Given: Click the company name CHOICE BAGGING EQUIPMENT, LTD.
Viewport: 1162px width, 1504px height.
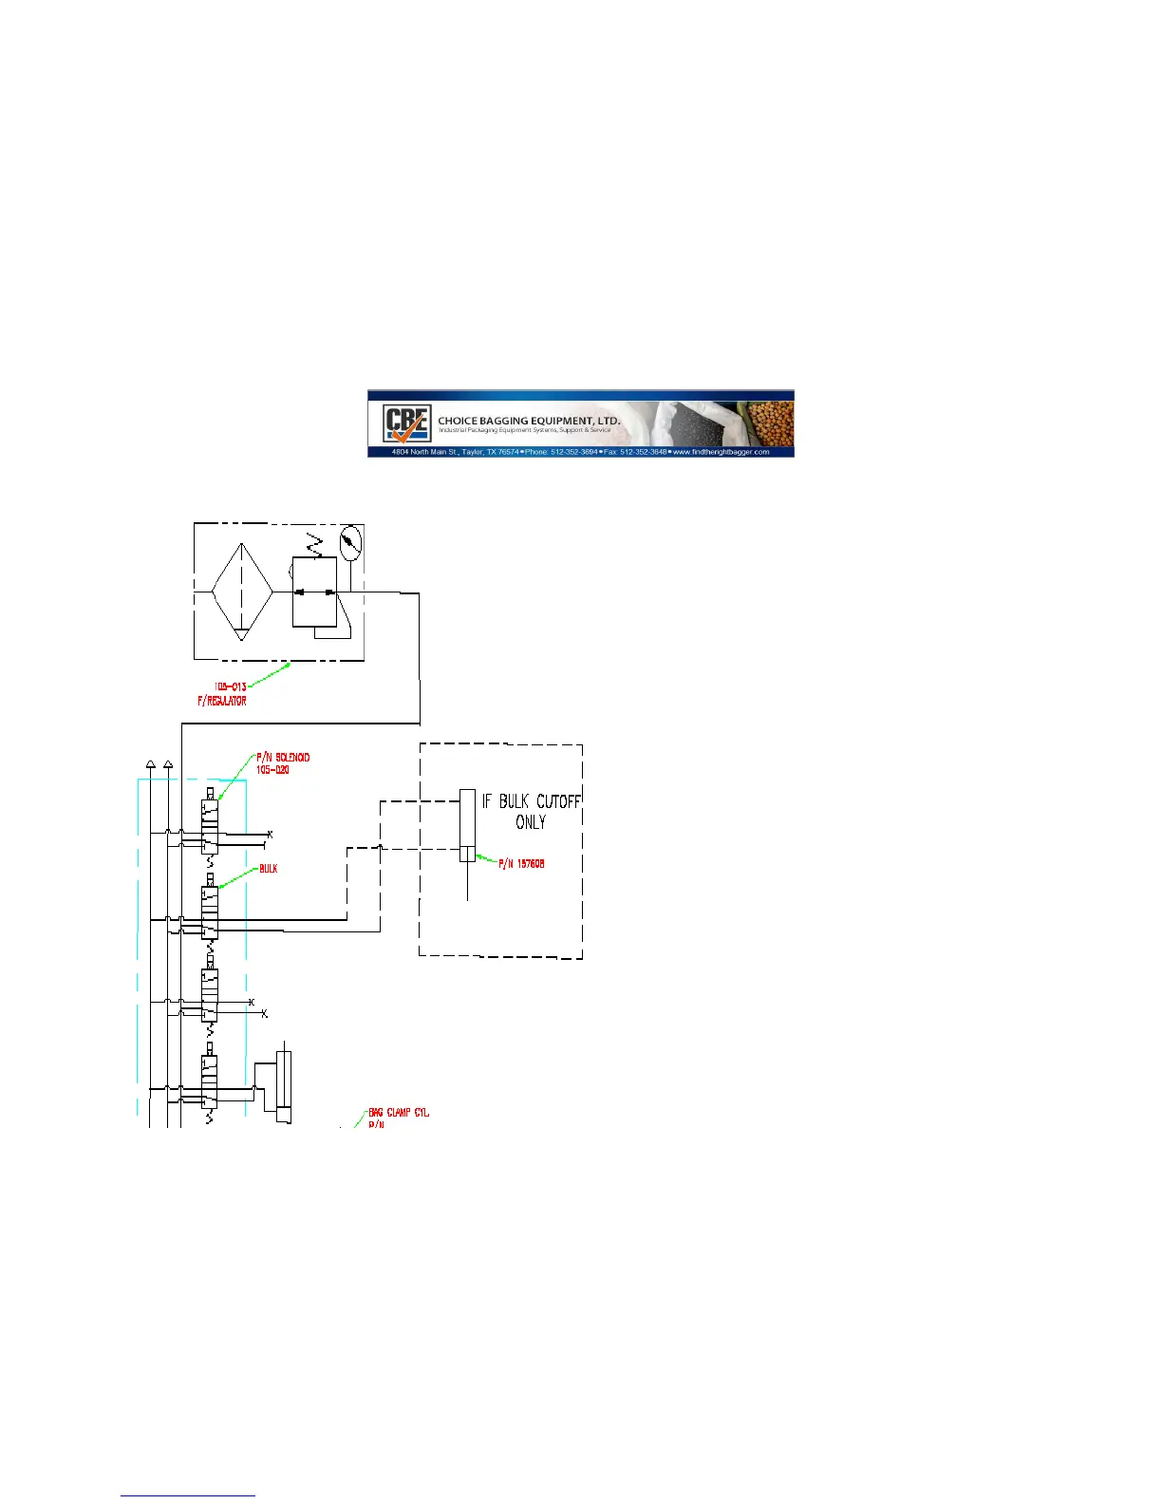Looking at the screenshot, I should click(x=529, y=420).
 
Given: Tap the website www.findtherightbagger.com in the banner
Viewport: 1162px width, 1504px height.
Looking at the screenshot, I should click(x=722, y=452).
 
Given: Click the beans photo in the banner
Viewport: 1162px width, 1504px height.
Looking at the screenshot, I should click(x=771, y=423).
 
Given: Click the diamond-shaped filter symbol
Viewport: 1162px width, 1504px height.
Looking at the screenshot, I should click(x=242, y=592).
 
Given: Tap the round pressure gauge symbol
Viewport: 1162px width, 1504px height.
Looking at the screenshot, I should click(x=350, y=541).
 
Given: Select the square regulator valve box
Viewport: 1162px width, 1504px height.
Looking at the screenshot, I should click(x=314, y=592).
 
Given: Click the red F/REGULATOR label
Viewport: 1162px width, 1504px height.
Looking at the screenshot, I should click(x=221, y=701).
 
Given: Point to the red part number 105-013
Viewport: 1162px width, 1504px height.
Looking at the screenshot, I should click(x=230, y=686).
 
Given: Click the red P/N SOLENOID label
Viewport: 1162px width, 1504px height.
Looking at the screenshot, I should click(x=283, y=758).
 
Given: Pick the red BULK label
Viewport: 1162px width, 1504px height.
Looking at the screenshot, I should click(x=269, y=869).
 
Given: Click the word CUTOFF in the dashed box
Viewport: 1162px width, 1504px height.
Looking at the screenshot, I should click(x=558, y=801).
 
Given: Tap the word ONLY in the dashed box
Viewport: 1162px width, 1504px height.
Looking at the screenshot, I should click(x=531, y=822).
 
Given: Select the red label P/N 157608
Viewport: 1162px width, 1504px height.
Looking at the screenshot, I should click(x=523, y=864).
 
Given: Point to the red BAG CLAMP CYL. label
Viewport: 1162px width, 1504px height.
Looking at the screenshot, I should click(x=399, y=1112).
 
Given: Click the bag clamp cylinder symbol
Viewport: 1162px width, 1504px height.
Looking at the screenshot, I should click(x=283, y=1087).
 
